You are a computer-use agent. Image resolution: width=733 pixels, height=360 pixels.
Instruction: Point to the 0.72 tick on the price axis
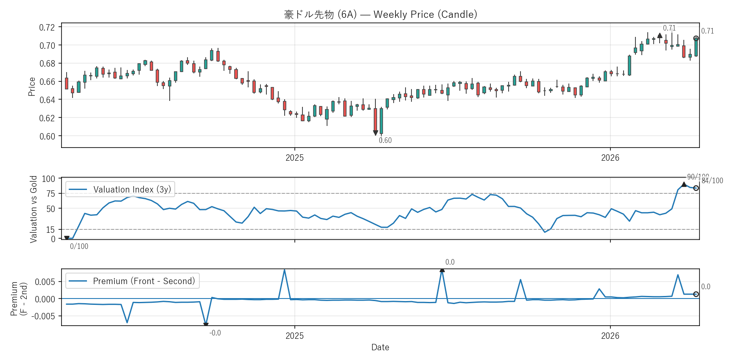point(47,28)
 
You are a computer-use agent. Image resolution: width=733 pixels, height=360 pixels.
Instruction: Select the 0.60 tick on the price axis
point(47,136)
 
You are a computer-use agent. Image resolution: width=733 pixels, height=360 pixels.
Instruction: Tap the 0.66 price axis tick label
point(47,82)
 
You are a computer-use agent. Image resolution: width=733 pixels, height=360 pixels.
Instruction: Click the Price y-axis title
point(32,87)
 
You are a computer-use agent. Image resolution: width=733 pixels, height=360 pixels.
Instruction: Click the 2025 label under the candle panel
point(294,158)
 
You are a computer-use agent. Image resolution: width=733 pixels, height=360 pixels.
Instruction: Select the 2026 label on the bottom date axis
point(610,336)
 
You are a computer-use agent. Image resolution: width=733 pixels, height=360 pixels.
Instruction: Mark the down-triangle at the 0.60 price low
point(375,133)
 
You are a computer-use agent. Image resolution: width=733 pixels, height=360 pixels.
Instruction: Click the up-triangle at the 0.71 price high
point(660,36)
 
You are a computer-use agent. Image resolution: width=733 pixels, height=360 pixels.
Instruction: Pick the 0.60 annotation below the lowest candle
point(385,140)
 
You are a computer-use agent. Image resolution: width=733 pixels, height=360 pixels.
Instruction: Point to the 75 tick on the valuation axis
point(51,194)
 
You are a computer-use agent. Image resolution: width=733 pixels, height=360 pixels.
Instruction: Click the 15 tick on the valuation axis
point(51,230)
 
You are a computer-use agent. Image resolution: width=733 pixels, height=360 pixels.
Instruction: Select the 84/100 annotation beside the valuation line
point(712,181)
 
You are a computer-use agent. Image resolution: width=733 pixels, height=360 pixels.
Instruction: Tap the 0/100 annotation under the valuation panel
point(79,246)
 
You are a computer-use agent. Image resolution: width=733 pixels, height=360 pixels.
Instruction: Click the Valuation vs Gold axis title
point(34,209)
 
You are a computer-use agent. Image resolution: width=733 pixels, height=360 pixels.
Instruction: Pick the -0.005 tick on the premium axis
point(45,316)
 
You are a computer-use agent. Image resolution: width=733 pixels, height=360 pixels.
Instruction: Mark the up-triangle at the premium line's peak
point(442,270)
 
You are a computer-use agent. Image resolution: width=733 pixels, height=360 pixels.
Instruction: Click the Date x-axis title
point(380,347)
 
